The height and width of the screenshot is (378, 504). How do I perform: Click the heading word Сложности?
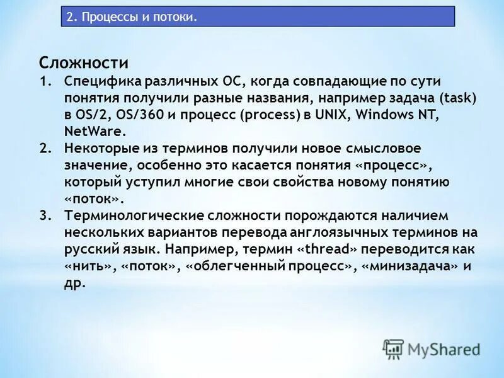point(83,63)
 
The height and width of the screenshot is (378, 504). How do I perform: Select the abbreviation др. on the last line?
point(74,282)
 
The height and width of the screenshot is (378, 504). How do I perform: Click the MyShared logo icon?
point(394,348)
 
